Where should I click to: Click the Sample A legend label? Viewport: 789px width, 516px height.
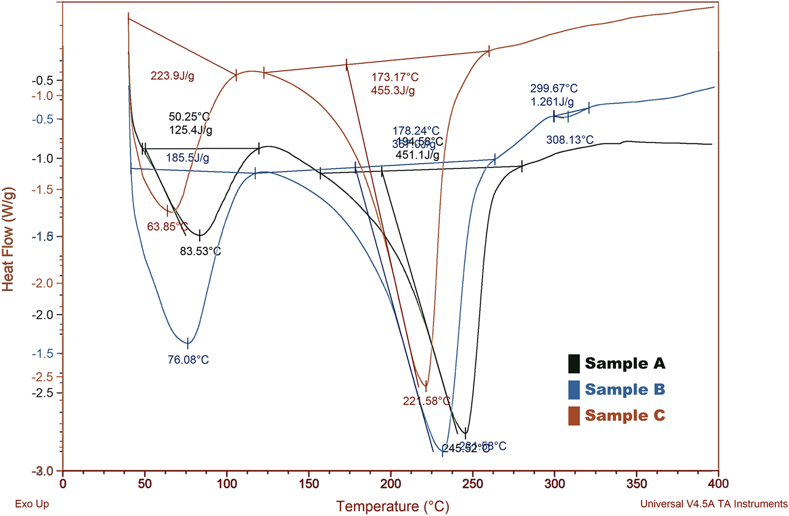coord(624,364)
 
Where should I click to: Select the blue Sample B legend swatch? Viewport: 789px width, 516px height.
coord(574,389)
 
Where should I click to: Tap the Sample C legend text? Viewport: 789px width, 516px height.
coord(624,415)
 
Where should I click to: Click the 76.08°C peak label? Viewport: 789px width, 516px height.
coord(188,360)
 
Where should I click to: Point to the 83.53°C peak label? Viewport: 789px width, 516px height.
coord(200,251)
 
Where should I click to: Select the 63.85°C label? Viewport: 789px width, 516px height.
coord(167,226)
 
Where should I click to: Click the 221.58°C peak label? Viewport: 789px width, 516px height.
coord(426,401)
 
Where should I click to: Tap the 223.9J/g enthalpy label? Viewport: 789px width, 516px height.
coord(172,76)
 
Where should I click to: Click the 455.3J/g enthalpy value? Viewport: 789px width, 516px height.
coord(393,90)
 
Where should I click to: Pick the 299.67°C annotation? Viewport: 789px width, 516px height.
coord(554,89)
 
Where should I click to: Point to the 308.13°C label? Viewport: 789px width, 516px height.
coord(570,140)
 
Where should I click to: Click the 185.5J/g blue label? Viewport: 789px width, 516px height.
coord(187,158)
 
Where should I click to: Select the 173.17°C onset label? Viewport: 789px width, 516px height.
coord(394,77)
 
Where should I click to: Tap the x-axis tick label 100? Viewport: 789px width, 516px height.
coord(227,484)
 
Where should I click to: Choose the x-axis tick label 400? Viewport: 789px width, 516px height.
coord(718,484)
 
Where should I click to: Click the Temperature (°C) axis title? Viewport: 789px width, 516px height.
coord(393,506)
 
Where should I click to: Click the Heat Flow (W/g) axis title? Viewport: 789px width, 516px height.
coord(8,239)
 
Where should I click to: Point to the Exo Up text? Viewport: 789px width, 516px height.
coord(32,504)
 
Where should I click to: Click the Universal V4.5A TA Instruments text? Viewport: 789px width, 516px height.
coord(714,504)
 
